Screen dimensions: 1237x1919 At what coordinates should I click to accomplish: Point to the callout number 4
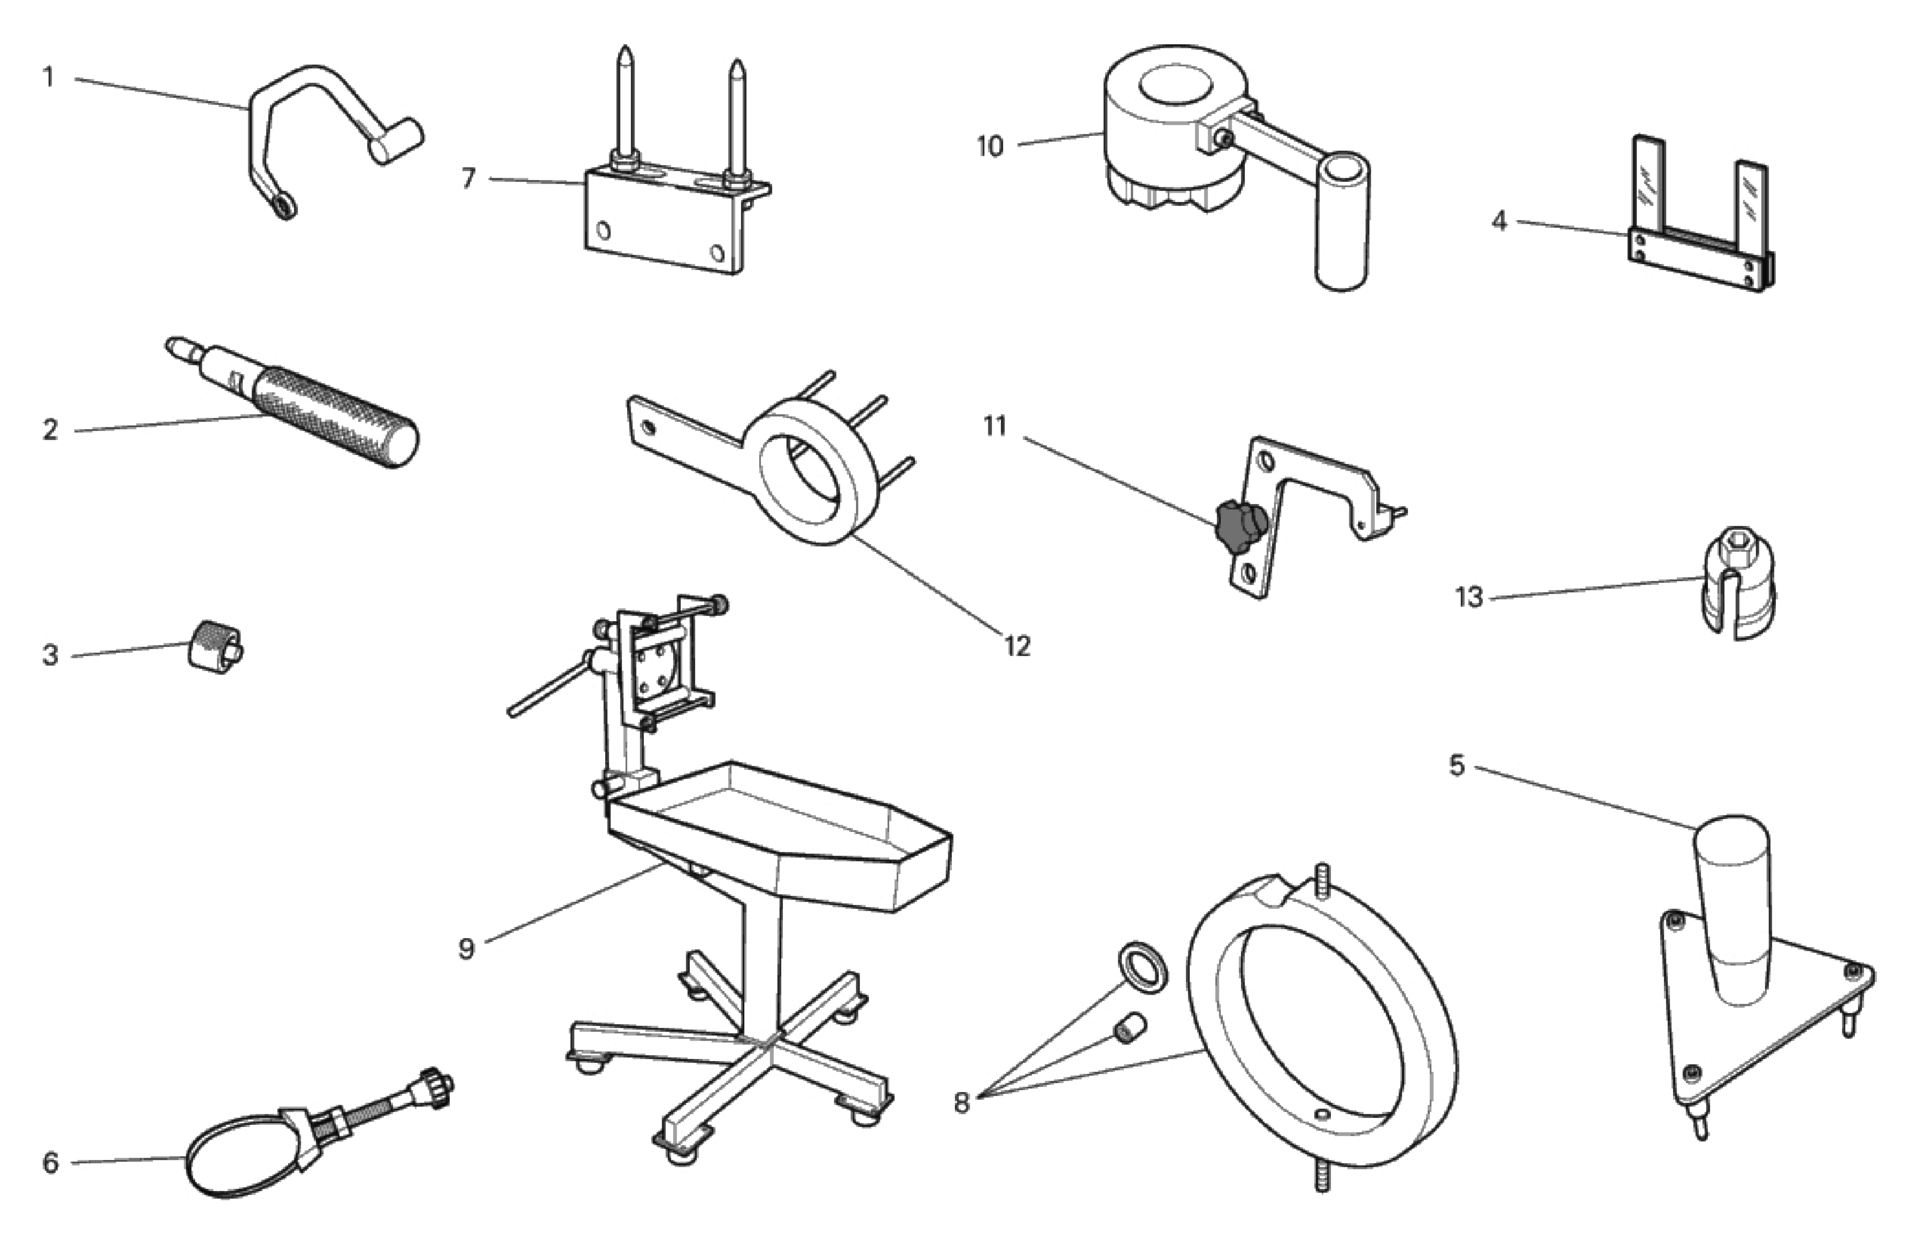(1499, 221)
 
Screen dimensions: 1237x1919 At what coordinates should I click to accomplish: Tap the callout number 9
(467, 949)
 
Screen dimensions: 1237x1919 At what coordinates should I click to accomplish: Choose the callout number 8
(961, 1103)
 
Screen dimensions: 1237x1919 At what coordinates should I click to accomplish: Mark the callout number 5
(1457, 766)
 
